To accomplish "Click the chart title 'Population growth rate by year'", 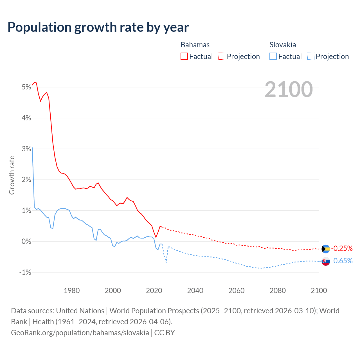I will [x=98, y=27].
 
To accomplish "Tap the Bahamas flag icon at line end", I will [x=326, y=249].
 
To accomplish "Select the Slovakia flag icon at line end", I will [x=326, y=261].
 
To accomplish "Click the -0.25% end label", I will [x=342, y=248].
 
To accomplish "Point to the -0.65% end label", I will [x=342, y=261].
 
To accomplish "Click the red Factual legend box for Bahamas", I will [x=184, y=56].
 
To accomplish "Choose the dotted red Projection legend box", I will [x=222, y=56].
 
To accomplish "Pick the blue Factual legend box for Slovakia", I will [x=273, y=56].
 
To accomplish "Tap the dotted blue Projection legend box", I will [x=310, y=56].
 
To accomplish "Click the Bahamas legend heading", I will [x=195, y=45].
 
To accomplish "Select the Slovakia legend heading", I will [x=283, y=45].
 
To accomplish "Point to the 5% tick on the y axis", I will [x=26, y=87].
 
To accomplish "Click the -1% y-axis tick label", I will [x=25, y=272].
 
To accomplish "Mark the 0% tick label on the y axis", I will [x=26, y=241].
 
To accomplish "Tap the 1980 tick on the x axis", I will [x=72, y=291].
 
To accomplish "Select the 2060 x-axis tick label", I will [x=236, y=291].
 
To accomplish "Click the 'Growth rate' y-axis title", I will [x=12, y=175].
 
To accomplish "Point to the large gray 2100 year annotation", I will [x=289, y=89].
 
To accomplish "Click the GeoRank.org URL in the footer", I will [x=80, y=332].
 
